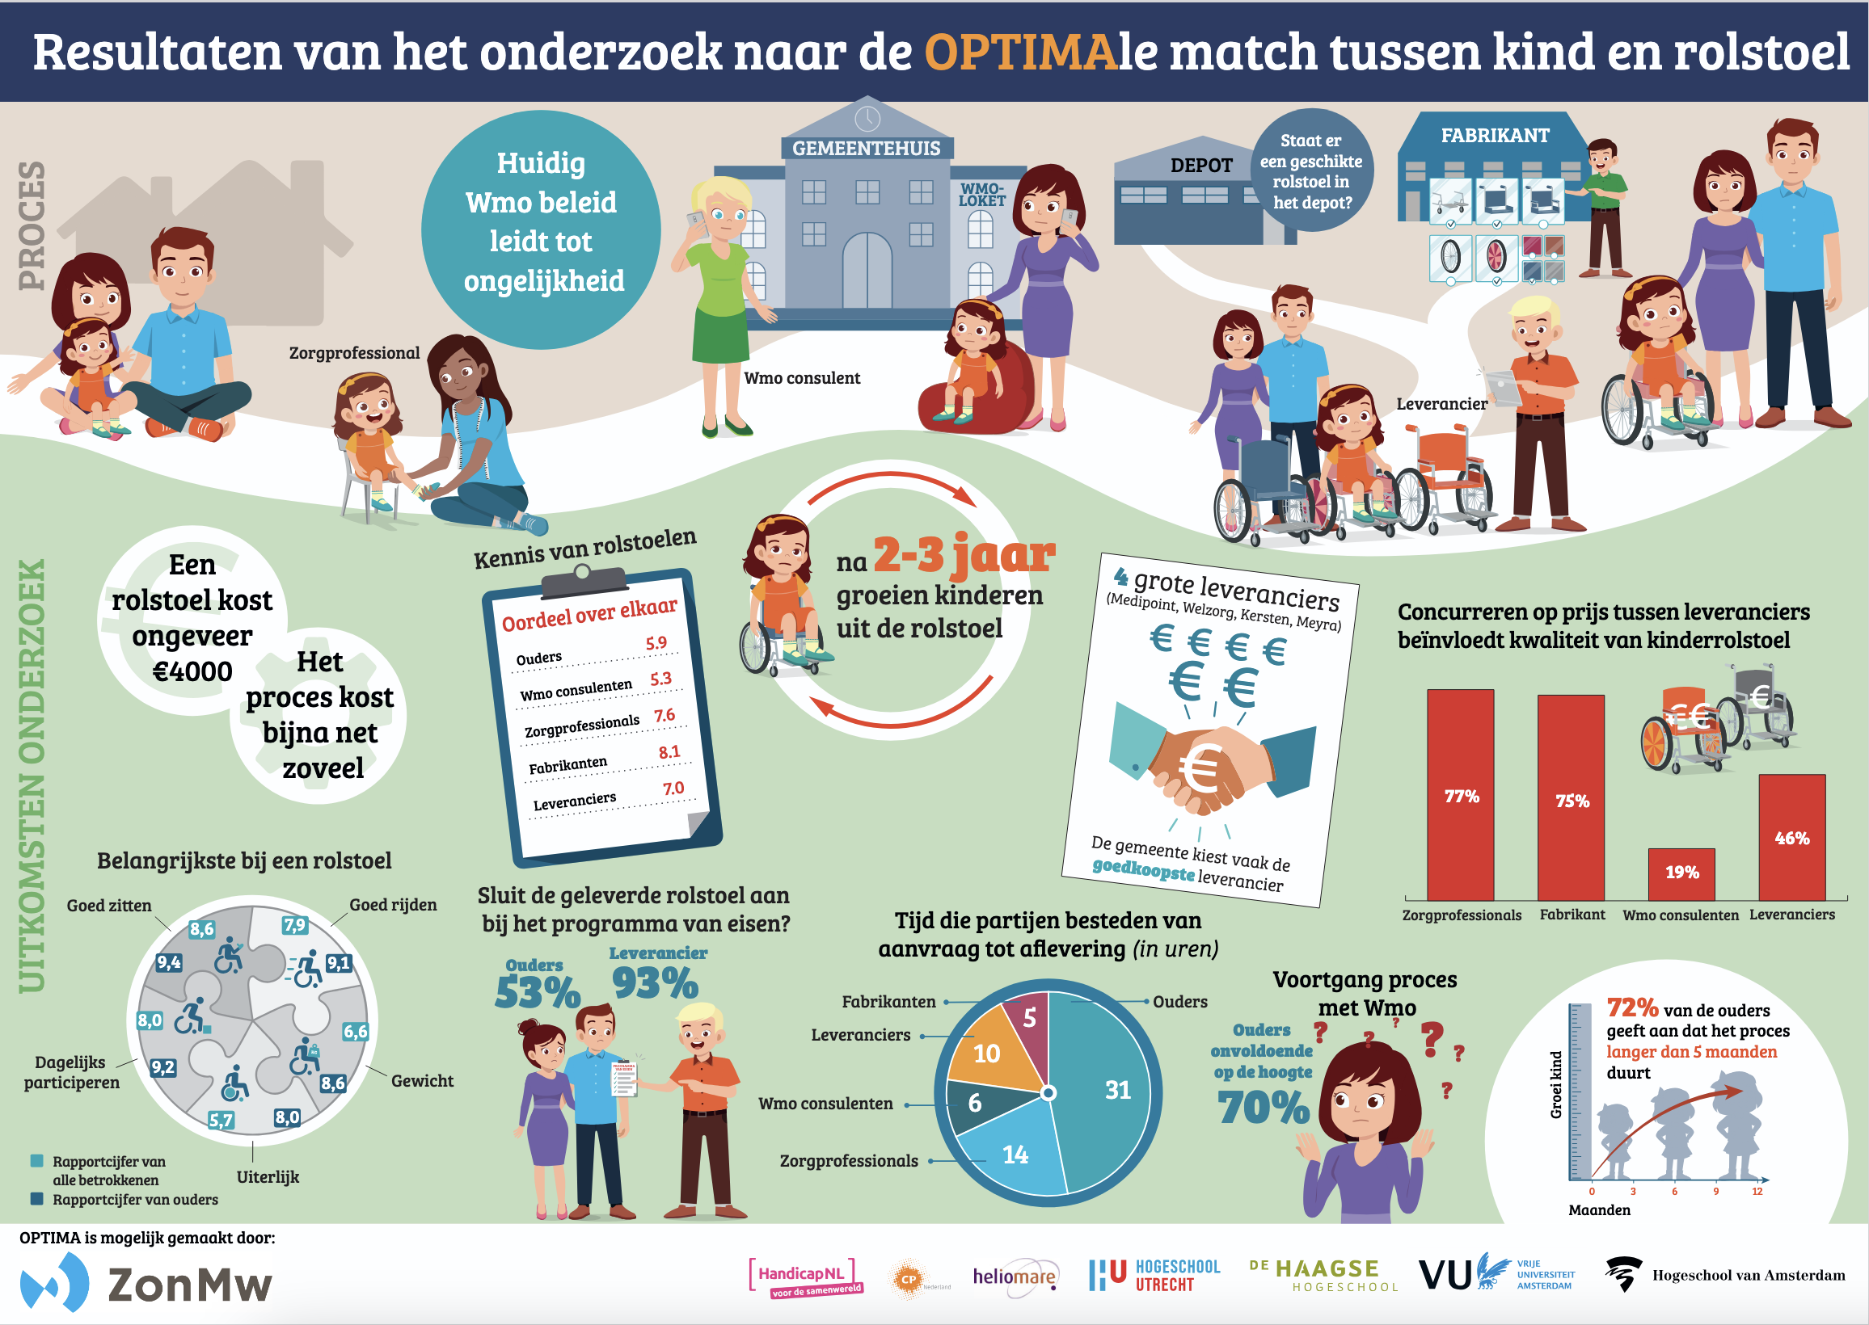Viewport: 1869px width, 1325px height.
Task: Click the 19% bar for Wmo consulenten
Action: pos(1681,873)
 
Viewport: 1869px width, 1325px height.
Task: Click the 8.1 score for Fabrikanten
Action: pos(669,751)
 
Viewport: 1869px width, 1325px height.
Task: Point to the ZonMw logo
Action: pos(147,1282)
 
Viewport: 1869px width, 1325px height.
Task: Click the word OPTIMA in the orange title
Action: pos(1020,52)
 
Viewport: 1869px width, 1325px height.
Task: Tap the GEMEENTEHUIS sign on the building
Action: pos(866,149)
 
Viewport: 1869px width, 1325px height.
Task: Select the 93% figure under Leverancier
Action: pos(655,983)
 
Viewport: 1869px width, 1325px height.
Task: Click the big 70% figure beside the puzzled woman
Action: pos(1264,1108)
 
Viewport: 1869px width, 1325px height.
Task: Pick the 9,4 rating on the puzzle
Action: pos(169,963)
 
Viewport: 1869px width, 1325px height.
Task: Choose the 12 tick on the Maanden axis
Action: pos(1757,1191)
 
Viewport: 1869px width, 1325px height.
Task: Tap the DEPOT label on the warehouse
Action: pos(1201,166)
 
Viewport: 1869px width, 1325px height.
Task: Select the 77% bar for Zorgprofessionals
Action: pos(1460,796)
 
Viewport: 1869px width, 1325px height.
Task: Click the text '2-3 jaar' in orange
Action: pos(964,556)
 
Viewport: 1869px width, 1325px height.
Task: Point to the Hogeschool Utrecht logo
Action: pos(1154,1275)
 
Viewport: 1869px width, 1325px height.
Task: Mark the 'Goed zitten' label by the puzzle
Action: pos(109,906)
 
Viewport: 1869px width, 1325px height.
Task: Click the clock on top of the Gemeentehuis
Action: pos(867,119)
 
